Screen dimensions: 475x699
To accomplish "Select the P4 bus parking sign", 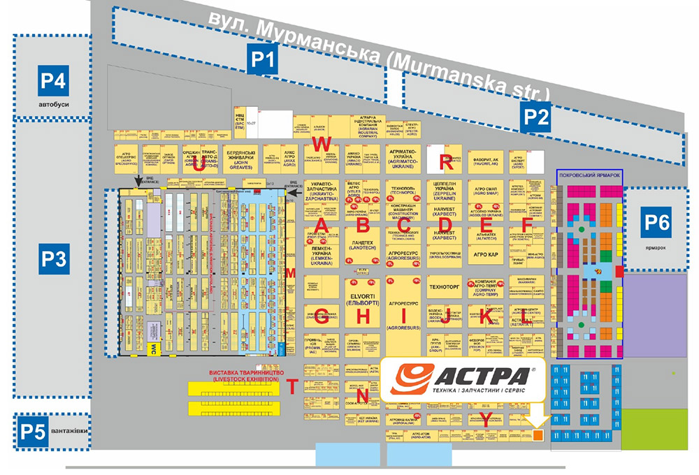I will (53, 82).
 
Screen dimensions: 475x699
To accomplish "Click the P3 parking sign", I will (52, 260).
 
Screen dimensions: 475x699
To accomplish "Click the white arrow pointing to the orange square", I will (537, 417).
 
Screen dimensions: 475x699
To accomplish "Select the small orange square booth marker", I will (538, 435).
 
